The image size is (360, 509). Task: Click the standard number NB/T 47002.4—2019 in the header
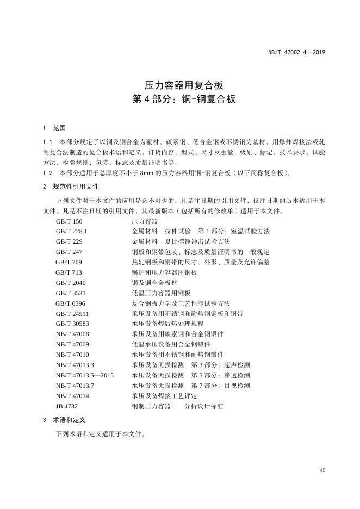pos(296,52)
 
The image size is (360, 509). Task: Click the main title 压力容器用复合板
pos(180,85)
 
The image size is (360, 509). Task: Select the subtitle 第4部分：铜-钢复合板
pos(180,100)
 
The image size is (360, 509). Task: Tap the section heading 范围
pos(59,128)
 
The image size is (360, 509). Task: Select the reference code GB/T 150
pos(69,221)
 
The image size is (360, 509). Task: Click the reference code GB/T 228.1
pos(72,231)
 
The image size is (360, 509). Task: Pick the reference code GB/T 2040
pos(71,283)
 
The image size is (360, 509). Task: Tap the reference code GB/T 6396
pos(71,303)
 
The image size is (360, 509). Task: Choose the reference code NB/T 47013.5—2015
pos(85,375)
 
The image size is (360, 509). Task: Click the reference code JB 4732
pos(67,406)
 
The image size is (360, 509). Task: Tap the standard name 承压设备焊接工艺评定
pos(164,395)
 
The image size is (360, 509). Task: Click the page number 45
pos(322,470)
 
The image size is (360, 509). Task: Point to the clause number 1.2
pos(47,173)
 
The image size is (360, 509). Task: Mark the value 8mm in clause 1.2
pos(147,173)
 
